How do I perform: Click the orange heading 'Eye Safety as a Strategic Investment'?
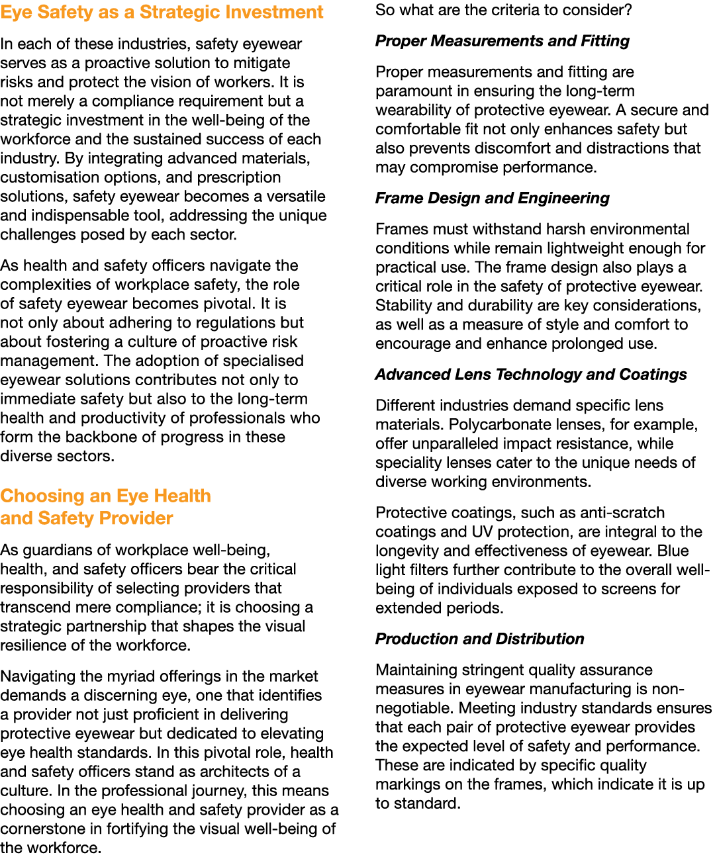click(x=162, y=12)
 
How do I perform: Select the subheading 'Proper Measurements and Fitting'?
click(x=502, y=41)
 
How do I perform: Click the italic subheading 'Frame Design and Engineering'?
click(x=492, y=199)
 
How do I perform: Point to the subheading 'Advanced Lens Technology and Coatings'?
click(x=531, y=375)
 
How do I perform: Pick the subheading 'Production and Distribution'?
click(x=480, y=639)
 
